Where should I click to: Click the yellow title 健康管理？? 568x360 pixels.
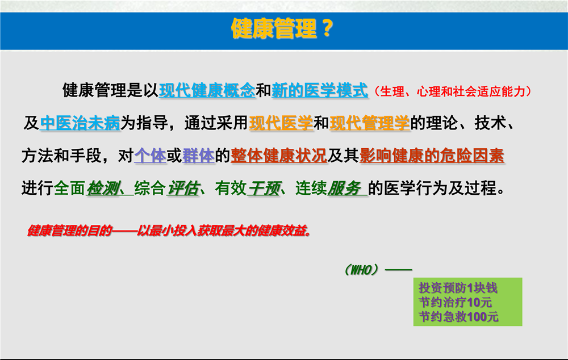(x=282, y=28)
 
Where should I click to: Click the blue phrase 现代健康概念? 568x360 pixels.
(x=207, y=90)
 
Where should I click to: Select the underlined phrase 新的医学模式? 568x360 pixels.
(x=320, y=90)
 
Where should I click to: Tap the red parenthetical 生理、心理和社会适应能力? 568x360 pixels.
(x=453, y=91)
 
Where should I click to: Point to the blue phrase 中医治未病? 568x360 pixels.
(x=80, y=123)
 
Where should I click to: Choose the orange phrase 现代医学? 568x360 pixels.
(x=281, y=123)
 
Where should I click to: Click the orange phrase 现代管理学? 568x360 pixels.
(x=370, y=123)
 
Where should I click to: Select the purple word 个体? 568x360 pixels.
(x=151, y=156)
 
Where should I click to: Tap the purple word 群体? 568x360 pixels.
(x=198, y=156)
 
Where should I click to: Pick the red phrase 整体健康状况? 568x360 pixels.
(x=279, y=156)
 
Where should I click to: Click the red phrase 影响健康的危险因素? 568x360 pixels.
(x=432, y=156)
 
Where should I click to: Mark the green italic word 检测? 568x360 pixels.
(x=103, y=189)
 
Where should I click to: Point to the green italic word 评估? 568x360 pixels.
(x=183, y=189)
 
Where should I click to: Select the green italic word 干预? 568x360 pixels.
(x=264, y=189)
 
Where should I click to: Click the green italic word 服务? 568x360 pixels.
(x=344, y=189)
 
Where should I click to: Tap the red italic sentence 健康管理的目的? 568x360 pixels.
(x=169, y=231)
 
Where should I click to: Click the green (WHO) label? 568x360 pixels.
(x=361, y=270)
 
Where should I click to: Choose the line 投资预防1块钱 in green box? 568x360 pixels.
(x=458, y=288)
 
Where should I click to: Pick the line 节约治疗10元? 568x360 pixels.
(x=456, y=302)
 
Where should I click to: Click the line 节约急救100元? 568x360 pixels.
(x=458, y=316)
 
